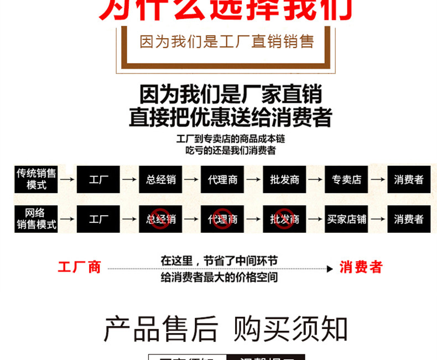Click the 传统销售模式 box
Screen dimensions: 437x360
[x=37, y=179]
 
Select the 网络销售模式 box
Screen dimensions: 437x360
[x=37, y=219]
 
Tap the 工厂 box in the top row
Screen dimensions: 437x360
[x=98, y=179]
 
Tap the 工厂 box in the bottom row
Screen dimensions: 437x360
[x=98, y=219]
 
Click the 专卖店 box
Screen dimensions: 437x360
[x=346, y=179]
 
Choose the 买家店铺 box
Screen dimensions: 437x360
[x=346, y=219]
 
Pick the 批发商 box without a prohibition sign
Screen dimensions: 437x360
[x=284, y=179]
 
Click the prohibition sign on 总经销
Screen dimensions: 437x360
[x=160, y=217]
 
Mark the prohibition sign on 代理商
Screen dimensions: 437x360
[x=222, y=217]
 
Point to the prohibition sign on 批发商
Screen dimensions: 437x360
[x=284, y=217]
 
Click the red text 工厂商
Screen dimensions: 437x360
[x=80, y=268]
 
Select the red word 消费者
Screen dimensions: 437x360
[x=361, y=268]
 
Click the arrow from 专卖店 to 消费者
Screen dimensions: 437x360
[x=378, y=179]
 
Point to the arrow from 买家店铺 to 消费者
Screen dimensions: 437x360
[x=378, y=219]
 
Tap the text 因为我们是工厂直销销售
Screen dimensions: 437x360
[x=227, y=41]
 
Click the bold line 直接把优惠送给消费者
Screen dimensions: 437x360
[x=231, y=118]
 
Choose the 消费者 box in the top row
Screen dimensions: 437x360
[x=409, y=179]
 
